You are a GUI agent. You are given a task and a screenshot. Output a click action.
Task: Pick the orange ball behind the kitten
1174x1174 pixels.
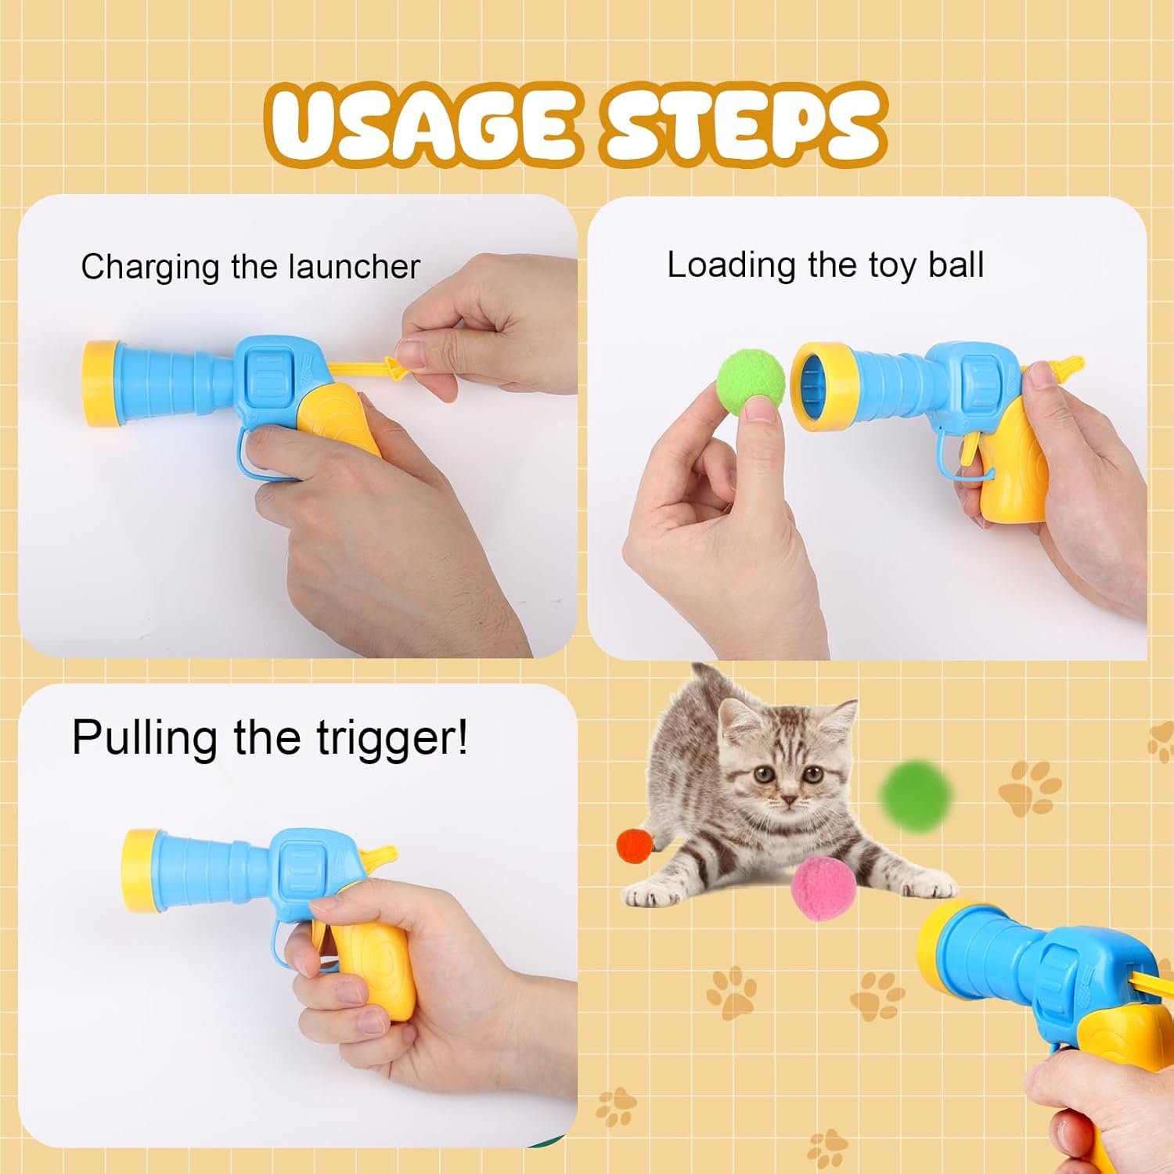(635, 846)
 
